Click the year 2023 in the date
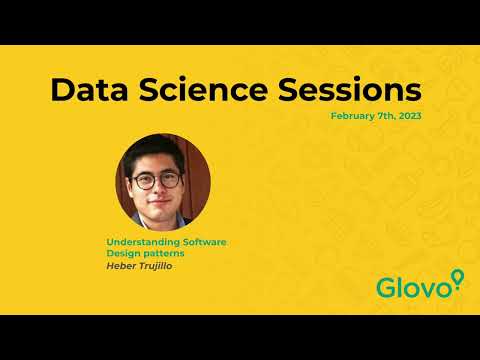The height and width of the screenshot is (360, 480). pyautogui.click(x=409, y=116)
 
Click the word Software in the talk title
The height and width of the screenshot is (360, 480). pyautogui.click(x=203, y=242)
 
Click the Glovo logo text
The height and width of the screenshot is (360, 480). pyautogui.click(x=412, y=288)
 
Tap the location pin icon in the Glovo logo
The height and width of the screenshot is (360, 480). pyautogui.click(x=458, y=279)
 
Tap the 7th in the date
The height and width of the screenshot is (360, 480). pyautogui.click(x=386, y=116)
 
